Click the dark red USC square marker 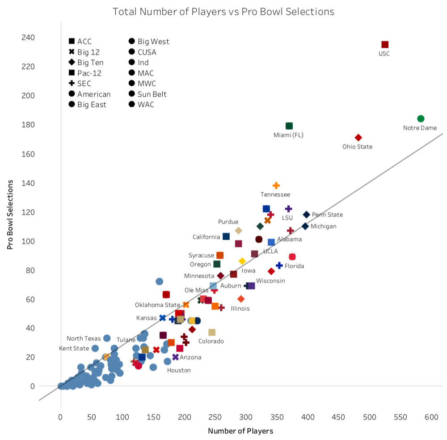tap(385, 44)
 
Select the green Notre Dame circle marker tap(421, 118)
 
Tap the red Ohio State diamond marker tap(358, 137)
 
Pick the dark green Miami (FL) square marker tap(289, 126)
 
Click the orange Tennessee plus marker tap(276, 186)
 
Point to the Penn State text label tap(327, 215)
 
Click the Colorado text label tap(211, 341)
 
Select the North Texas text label tap(84, 338)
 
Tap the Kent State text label tap(74, 348)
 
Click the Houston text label tap(179, 370)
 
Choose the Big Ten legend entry tap(90, 63)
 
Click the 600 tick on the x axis tap(431, 417)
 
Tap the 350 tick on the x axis tap(277, 417)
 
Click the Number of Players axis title tap(240, 431)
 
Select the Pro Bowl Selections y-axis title tap(10, 215)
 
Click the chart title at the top tap(223, 11)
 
